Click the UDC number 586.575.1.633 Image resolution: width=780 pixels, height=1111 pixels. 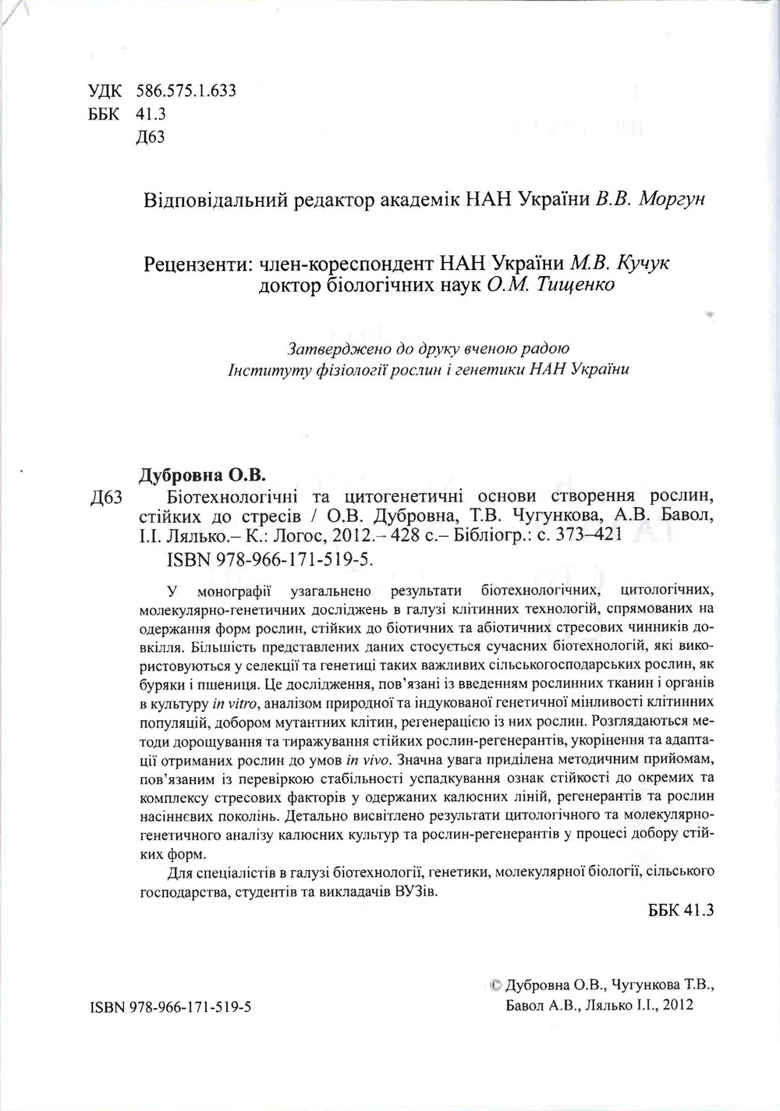[186, 91]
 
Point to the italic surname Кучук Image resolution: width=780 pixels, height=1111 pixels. [642, 264]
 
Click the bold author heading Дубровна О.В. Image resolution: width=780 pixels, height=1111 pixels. [201, 475]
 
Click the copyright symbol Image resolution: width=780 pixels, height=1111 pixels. [496, 985]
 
